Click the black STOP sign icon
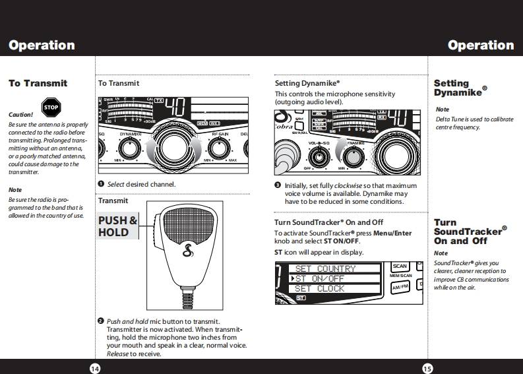51,108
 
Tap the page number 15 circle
427,368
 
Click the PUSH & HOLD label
117,226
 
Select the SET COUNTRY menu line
325,268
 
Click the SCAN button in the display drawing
400,266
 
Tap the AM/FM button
400,286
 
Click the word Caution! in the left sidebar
21,115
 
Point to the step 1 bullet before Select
101,183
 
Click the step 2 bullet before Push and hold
101,321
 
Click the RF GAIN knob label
221,133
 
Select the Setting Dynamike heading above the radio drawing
307,84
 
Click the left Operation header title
42,46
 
